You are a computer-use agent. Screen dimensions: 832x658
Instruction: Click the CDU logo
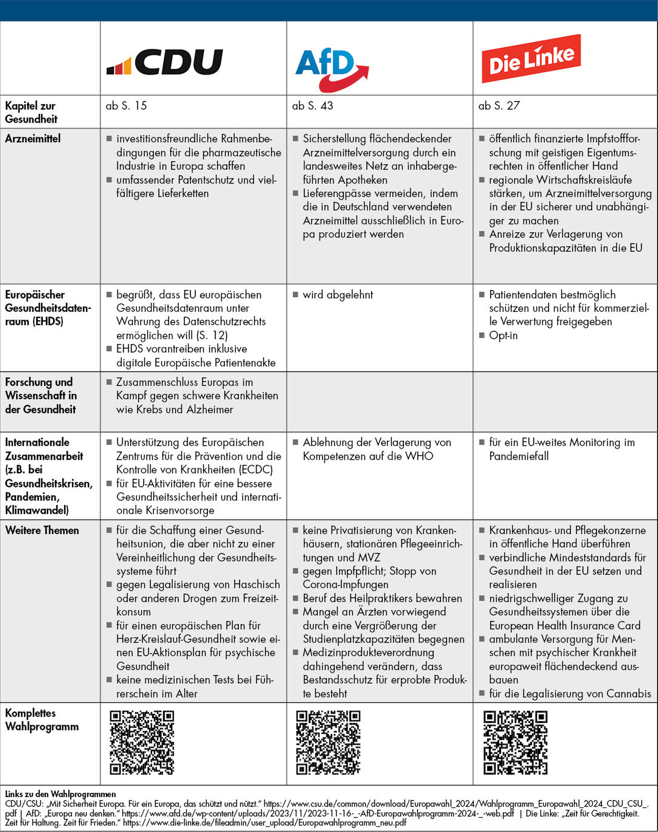[165, 62]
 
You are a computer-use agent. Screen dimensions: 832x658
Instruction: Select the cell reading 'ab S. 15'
[126, 106]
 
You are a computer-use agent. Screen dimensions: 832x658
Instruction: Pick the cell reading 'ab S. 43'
[312, 106]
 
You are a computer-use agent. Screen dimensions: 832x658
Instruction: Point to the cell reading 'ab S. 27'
[499, 106]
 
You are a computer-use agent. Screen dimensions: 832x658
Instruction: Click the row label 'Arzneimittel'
[33, 139]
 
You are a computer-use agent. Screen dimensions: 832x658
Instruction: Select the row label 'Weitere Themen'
[42, 530]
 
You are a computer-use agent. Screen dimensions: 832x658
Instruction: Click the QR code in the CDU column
[142, 743]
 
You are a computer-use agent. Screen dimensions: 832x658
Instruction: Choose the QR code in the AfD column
[328, 743]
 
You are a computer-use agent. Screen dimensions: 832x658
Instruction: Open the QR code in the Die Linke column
[515, 743]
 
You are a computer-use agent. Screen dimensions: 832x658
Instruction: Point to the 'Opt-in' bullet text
[503, 335]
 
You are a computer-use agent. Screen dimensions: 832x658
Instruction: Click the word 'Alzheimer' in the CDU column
[210, 409]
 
